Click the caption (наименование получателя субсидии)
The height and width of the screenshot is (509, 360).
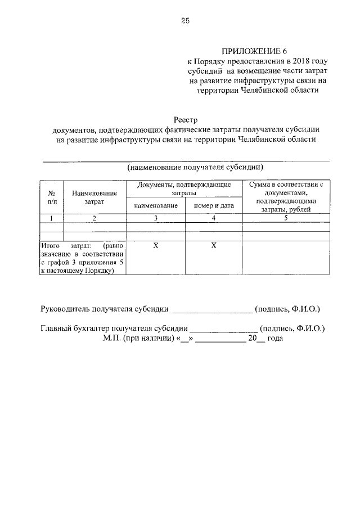pyautogui.click(x=195, y=168)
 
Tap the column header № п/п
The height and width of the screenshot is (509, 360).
pyautogui.click(x=51, y=196)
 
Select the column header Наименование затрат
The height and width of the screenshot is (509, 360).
pyautogui.click(x=94, y=196)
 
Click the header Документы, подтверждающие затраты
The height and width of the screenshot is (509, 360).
pyautogui.click(x=184, y=188)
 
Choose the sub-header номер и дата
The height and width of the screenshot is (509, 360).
pyautogui.click(x=214, y=206)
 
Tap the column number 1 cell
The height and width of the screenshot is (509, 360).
pyautogui.click(x=51, y=218)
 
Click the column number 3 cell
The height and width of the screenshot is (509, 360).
pyautogui.click(x=156, y=218)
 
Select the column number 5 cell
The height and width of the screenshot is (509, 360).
pyautogui.click(x=286, y=218)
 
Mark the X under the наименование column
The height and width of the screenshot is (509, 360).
pyautogui.click(x=156, y=246)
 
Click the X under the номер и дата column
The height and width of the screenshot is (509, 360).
pyautogui.click(x=214, y=246)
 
